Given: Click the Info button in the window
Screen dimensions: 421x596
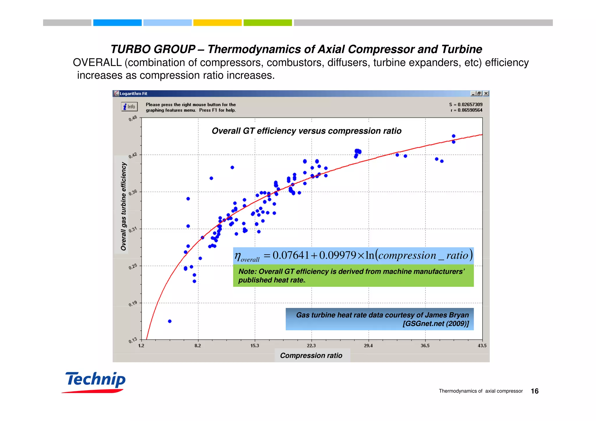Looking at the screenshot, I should tap(129, 107).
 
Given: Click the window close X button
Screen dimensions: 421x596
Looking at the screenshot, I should tap(486, 94).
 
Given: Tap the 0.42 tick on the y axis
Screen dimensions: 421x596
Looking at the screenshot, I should tap(133, 155).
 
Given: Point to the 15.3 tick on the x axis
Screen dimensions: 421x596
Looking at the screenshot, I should tap(255, 346).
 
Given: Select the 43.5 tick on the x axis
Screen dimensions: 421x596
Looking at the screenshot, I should tap(482, 346).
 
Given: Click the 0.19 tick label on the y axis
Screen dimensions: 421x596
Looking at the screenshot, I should tap(133, 304).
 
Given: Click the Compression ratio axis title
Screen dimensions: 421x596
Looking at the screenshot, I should tap(311, 356).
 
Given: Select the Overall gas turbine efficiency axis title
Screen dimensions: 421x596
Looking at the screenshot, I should tap(124, 206).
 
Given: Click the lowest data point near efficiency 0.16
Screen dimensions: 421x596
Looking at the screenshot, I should tap(170, 321).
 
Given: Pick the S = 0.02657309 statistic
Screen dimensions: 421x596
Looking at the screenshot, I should tap(466, 104).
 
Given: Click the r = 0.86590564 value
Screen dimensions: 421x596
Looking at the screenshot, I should tap(466, 110).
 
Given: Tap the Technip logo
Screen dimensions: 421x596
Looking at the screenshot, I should tap(95, 381).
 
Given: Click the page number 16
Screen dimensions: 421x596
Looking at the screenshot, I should tap(535, 391).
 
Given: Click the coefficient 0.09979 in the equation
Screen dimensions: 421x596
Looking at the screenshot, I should tap(338, 255).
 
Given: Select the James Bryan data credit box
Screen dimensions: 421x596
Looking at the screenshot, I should tap(379, 319).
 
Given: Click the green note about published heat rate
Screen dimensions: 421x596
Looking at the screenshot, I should tap(353, 276).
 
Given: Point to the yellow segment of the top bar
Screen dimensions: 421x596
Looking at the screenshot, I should tap(217, 23).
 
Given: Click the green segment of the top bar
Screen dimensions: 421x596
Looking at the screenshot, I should tap(267, 23).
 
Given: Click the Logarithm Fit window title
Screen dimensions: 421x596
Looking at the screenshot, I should tap(133, 94).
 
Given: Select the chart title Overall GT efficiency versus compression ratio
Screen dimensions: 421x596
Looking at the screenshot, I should tap(306, 131).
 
